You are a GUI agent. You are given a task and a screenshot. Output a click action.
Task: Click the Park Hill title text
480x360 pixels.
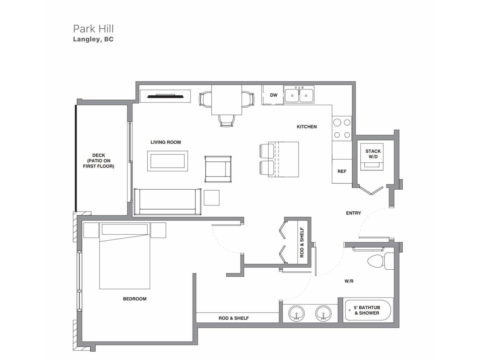coord(93,29)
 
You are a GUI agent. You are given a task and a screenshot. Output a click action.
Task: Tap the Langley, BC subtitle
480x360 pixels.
coord(93,39)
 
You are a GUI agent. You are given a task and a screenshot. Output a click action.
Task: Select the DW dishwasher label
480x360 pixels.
coord(274,95)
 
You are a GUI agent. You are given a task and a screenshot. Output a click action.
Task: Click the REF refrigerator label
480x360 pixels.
coord(342,171)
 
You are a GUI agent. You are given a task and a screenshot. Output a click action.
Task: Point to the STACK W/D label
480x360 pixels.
coord(373,154)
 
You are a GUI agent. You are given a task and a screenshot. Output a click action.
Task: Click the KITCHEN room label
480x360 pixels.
coord(307,127)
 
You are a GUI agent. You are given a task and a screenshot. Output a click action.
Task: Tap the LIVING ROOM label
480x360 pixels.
coord(166,142)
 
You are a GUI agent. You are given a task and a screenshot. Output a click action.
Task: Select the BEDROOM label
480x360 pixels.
coord(135,299)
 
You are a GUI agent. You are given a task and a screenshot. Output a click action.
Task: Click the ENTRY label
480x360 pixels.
coord(353,213)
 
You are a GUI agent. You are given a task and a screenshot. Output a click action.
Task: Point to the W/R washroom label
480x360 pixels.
coord(349,281)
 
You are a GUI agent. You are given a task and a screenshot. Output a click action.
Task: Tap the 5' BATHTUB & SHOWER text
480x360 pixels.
coord(367,310)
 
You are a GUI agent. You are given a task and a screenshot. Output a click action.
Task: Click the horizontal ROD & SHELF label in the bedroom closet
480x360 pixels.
coord(233,318)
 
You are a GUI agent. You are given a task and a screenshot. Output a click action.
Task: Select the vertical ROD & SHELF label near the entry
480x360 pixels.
coord(302,242)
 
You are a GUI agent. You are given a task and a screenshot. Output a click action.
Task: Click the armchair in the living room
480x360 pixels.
coord(218,169)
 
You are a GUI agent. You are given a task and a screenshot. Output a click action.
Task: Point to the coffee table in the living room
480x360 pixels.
coord(167,161)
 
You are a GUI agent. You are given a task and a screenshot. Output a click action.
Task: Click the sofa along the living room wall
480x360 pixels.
coord(167,202)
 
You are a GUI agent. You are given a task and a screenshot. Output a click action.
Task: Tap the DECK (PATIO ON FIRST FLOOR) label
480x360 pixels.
coord(99,161)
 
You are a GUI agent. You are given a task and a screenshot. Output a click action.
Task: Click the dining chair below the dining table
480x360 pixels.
coord(226,121)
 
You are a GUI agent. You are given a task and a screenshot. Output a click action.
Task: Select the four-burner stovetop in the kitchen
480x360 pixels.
coord(342,128)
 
